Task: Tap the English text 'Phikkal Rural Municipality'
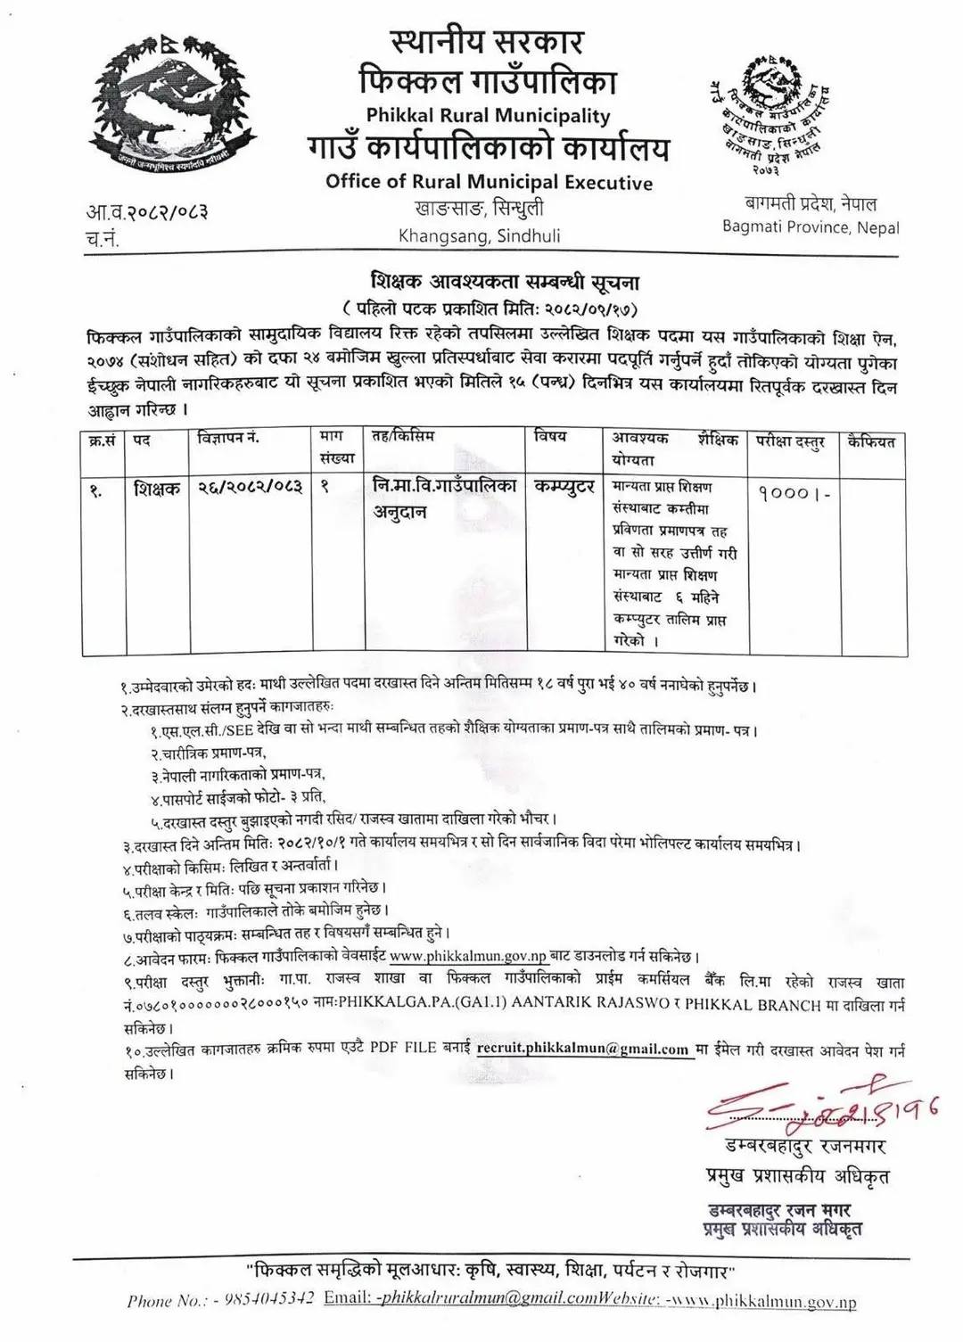(x=488, y=115)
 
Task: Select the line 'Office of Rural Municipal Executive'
(x=489, y=182)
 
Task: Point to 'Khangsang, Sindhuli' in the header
(x=479, y=236)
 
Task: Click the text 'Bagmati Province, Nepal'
(x=811, y=227)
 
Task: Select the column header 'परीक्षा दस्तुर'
(x=791, y=440)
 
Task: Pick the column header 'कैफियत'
(x=871, y=440)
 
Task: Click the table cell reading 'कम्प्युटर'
(x=564, y=488)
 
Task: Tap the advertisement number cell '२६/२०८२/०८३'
(x=251, y=488)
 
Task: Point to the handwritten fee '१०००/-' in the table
(x=794, y=491)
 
